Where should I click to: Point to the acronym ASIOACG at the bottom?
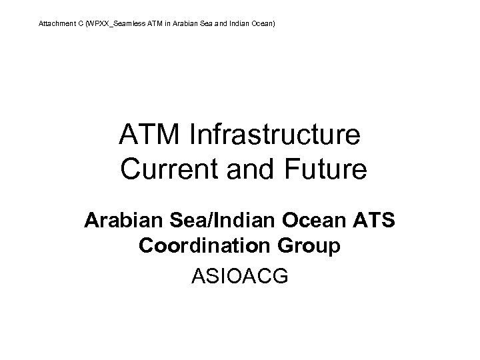point(239,275)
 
